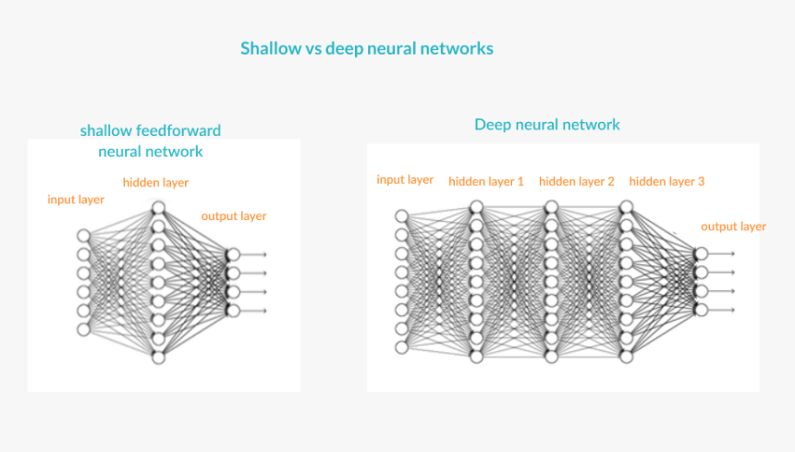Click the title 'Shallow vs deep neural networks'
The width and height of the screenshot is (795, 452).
[x=366, y=48]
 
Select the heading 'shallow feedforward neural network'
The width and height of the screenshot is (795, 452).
[x=151, y=140]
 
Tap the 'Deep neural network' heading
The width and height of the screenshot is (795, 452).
[x=547, y=124]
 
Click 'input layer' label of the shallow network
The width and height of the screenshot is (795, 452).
[x=76, y=199]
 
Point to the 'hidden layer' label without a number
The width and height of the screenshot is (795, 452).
[x=155, y=182]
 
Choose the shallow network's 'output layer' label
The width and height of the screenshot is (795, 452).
[x=234, y=216]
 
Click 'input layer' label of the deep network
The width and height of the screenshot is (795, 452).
[x=405, y=179]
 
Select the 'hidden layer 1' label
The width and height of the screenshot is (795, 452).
[x=486, y=181]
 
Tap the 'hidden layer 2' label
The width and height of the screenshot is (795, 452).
[x=576, y=181]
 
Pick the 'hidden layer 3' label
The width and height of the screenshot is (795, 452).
[x=667, y=181]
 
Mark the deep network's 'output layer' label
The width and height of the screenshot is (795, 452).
[x=733, y=226]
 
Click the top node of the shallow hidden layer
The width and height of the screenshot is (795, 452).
[x=158, y=208]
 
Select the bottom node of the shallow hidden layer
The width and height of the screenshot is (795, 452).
[x=158, y=357]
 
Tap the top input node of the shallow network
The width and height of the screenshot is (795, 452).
[x=84, y=236]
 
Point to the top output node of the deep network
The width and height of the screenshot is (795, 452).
[x=701, y=253]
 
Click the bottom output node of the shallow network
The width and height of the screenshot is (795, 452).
[x=232, y=311]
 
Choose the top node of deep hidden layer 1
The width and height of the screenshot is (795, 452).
[x=476, y=207]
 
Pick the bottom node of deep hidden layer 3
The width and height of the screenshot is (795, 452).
[x=626, y=357]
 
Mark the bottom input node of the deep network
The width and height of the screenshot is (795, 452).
[x=401, y=348]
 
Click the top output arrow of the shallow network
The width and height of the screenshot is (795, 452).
[x=255, y=254]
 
